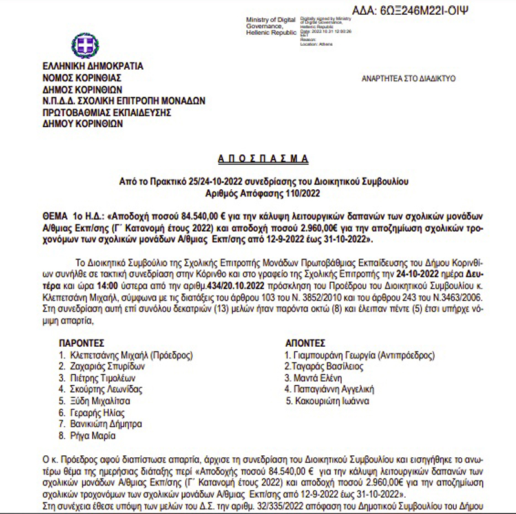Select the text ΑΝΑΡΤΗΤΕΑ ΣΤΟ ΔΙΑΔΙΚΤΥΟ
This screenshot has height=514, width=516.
408,78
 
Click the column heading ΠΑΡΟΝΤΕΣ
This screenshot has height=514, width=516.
81,343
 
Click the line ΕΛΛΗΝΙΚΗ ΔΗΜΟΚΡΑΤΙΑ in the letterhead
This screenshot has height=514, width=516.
93,66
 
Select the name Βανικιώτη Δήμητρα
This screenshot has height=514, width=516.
106,424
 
